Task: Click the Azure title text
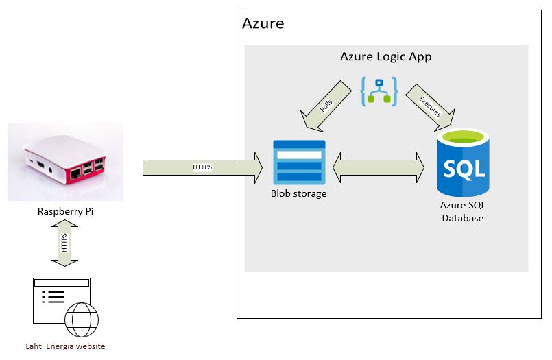pyautogui.click(x=263, y=24)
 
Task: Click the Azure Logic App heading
pyautogui.click(x=385, y=57)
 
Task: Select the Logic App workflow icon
pyautogui.click(x=379, y=91)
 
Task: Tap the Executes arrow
pyautogui.click(x=431, y=104)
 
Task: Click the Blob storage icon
pyautogui.click(x=299, y=163)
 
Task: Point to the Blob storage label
pyautogui.click(x=298, y=194)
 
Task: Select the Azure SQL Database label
pyautogui.click(x=462, y=211)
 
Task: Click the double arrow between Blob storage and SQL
pyautogui.click(x=378, y=167)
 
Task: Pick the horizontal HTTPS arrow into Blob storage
pyautogui.click(x=202, y=167)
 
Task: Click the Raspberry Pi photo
pyautogui.click(x=66, y=163)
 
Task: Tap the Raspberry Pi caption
pyautogui.click(x=65, y=211)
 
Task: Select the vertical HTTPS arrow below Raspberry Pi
pyautogui.click(x=65, y=243)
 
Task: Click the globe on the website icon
pyautogui.click(x=82, y=319)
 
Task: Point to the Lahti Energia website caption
pyautogui.click(x=65, y=346)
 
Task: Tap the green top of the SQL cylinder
pyautogui.click(x=464, y=136)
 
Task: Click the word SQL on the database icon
pyautogui.click(x=464, y=169)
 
